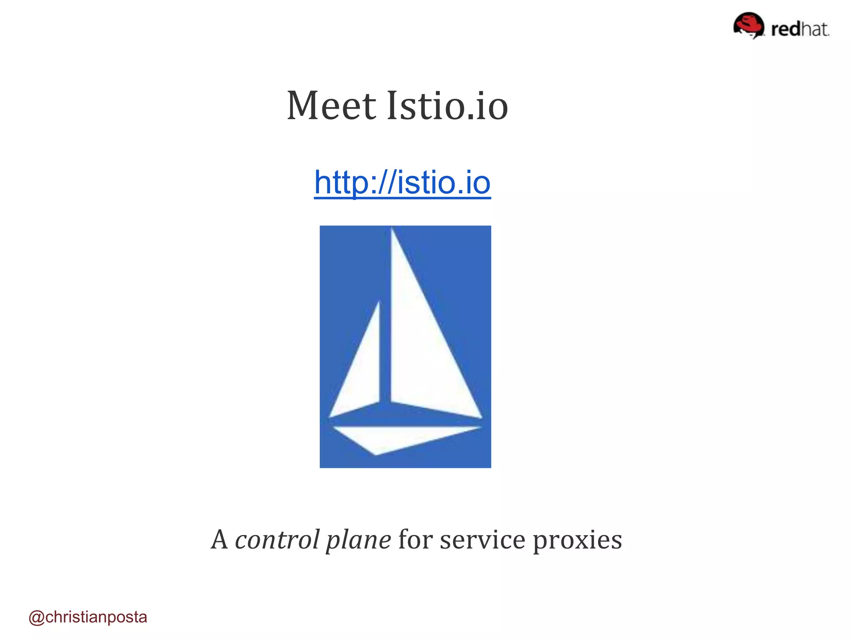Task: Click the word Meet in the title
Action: point(331,106)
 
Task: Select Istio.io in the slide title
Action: point(447,106)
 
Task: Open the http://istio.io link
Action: point(402,182)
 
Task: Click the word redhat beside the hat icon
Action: point(800,29)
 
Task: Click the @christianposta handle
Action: point(88,617)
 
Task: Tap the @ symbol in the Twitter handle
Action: point(36,617)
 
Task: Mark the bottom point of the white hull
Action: point(375,455)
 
